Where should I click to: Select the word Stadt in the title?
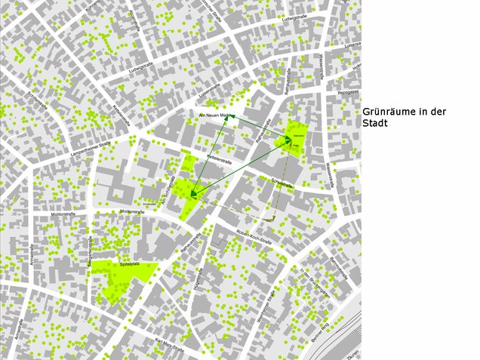coord(375,123)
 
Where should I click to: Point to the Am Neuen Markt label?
coord(214,115)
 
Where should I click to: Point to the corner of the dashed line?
coord(272,220)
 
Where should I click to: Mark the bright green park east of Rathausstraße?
coord(296,137)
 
